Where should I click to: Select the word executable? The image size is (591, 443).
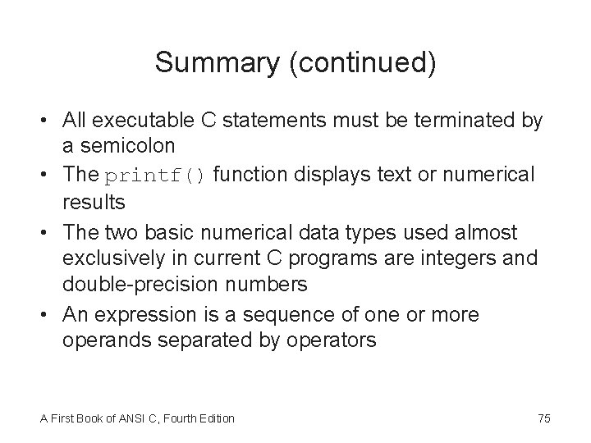(x=140, y=122)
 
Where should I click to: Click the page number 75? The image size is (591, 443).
(x=543, y=418)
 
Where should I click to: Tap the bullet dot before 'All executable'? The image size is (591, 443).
(x=48, y=122)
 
